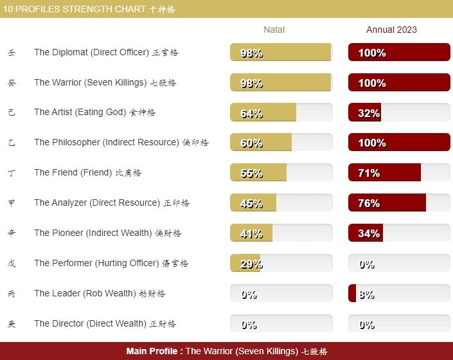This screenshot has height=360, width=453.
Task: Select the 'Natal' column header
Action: pyautogui.click(x=274, y=30)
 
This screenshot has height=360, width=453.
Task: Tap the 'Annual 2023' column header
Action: pyautogui.click(x=391, y=30)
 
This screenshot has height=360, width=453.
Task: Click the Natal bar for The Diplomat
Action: pyautogui.click(x=281, y=53)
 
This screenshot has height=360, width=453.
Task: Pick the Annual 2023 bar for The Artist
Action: pyautogui.click(x=398, y=113)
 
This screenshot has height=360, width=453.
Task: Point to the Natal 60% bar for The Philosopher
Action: pyautogui.click(x=281, y=143)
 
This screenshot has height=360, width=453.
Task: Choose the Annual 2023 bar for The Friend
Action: pyautogui.click(x=398, y=173)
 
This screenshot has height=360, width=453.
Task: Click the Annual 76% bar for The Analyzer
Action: pyautogui.click(x=398, y=203)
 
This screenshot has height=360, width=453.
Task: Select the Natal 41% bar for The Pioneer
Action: pyautogui.click(x=281, y=233)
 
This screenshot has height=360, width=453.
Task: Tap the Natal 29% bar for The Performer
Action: pyautogui.click(x=281, y=264)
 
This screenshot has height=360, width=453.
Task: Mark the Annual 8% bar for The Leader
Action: pyautogui.click(x=398, y=294)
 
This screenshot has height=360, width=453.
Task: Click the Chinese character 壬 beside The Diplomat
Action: pyautogui.click(x=12, y=53)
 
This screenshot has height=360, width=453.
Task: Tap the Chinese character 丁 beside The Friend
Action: pyautogui.click(x=12, y=173)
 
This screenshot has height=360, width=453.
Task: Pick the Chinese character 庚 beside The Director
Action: pyautogui.click(x=12, y=324)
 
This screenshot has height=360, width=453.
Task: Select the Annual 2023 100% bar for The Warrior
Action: pyautogui.click(x=398, y=83)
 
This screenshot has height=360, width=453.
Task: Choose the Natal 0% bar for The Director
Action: pyautogui.click(x=281, y=324)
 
